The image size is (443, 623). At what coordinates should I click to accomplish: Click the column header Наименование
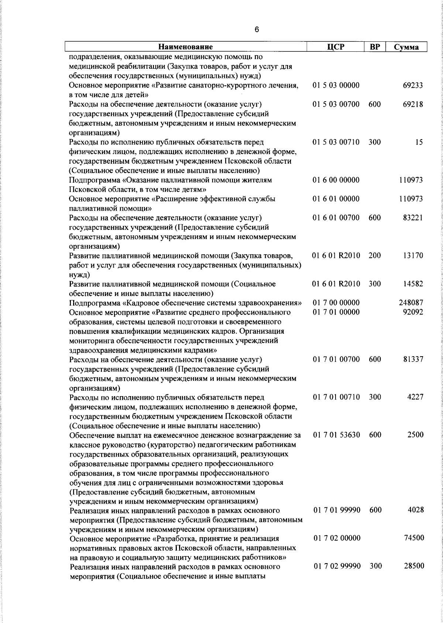click(x=186, y=47)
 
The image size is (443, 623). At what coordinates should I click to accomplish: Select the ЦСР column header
click(x=336, y=47)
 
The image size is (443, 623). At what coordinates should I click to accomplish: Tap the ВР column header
click(x=375, y=47)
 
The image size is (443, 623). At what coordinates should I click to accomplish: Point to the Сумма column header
click(x=406, y=47)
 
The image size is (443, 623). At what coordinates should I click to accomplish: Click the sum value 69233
click(x=413, y=85)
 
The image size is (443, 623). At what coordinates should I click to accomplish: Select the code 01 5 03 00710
click(x=336, y=142)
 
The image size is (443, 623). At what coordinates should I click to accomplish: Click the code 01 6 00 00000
click(x=336, y=180)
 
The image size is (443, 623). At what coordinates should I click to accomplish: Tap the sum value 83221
click(x=413, y=218)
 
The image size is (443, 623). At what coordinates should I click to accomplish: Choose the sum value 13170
click(x=413, y=255)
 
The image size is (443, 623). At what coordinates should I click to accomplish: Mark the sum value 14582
click(x=413, y=284)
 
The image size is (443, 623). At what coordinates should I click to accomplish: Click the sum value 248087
click(x=411, y=303)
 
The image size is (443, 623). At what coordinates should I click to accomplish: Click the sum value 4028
click(x=415, y=510)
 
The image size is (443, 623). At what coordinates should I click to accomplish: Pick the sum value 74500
click(x=413, y=538)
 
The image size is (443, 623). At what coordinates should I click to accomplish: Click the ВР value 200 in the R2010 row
click(x=375, y=255)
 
